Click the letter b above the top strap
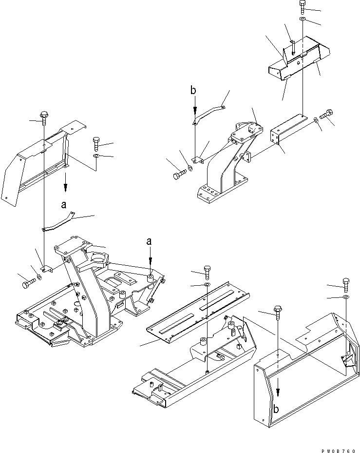[x=193, y=91]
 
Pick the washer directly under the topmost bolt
[x=303, y=19]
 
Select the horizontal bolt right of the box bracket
[x=327, y=113]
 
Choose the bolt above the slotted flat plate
[x=207, y=271]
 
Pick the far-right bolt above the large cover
[x=345, y=284]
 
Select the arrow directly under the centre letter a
[x=150, y=258]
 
